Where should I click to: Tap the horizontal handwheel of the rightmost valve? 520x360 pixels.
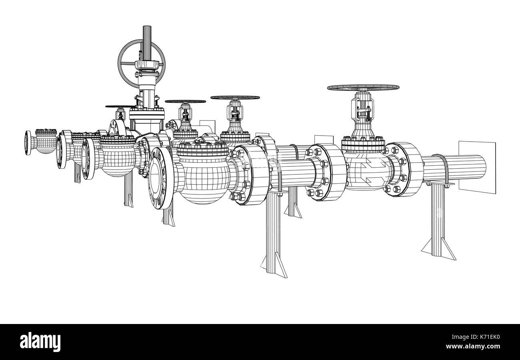[x=363, y=87]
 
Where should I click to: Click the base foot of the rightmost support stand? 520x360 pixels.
[x=438, y=246]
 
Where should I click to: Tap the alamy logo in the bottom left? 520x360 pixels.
[x=40, y=342]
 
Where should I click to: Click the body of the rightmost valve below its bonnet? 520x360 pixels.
[x=366, y=168]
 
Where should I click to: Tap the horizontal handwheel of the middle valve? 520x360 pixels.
[x=235, y=97]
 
